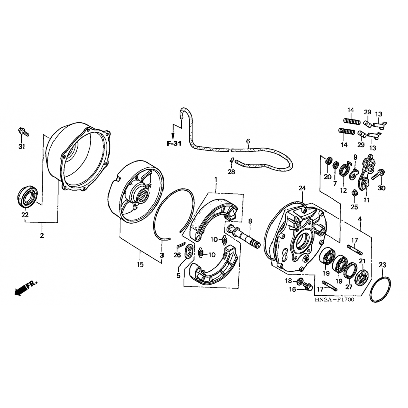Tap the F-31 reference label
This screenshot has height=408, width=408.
point(174,143)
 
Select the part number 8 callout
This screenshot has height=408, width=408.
point(250,221)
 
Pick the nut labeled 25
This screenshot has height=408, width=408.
point(354,193)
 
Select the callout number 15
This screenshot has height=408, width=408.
point(140,264)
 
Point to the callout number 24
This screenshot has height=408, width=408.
point(302,188)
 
